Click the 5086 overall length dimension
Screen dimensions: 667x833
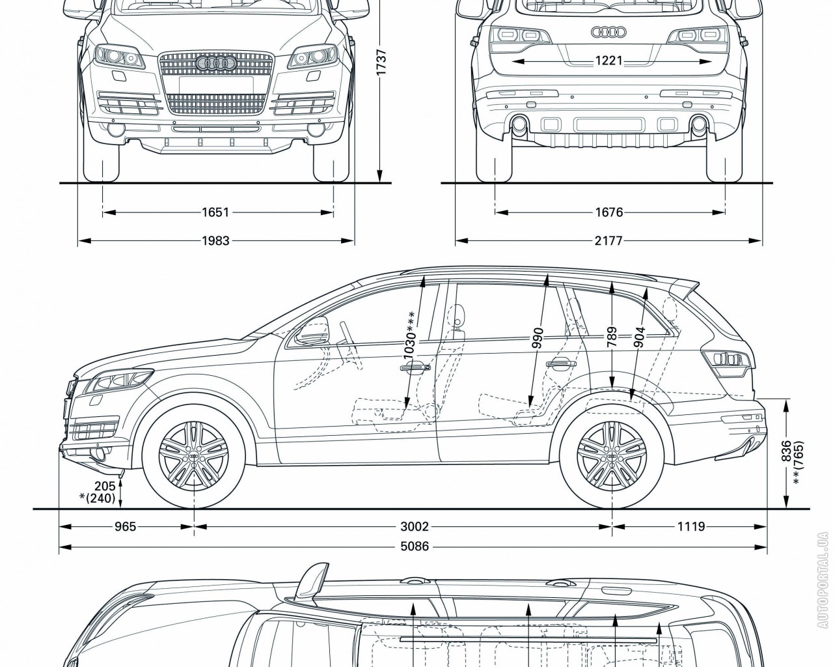(x=414, y=546)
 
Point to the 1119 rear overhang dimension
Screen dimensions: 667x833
(x=691, y=526)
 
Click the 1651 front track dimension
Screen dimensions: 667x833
(x=215, y=212)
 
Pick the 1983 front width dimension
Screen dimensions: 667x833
(x=215, y=241)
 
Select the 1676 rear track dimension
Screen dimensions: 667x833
(x=609, y=212)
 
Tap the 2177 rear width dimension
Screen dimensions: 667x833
(x=609, y=241)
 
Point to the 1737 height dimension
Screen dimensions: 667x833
(x=382, y=63)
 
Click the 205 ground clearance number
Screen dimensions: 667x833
(x=104, y=485)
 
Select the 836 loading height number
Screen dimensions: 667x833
(x=786, y=451)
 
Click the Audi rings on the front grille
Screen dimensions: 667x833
(x=215, y=63)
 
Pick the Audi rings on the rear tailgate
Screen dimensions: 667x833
(x=608, y=32)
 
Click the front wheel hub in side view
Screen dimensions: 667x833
(x=193, y=459)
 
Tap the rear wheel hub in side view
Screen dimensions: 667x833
(x=611, y=459)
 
